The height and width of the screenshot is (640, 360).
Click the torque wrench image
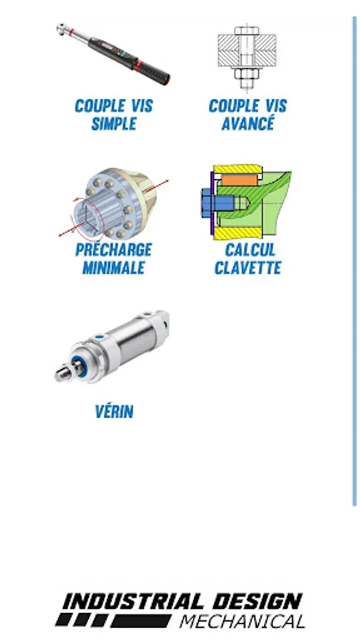click(113, 53)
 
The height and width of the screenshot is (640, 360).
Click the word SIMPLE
click(114, 124)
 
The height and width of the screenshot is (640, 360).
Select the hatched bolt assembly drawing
click(247, 58)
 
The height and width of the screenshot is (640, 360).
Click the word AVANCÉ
click(248, 123)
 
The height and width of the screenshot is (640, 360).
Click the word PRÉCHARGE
click(113, 249)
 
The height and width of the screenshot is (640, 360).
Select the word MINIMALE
click(114, 268)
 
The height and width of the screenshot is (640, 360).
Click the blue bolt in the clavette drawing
click(218, 203)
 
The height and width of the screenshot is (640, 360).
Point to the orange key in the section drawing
click(239, 180)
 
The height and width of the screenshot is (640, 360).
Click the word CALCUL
click(250, 250)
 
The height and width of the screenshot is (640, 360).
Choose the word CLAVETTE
click(248, 268)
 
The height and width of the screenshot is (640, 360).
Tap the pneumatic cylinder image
click(112, 346)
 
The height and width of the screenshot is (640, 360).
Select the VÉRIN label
click(115, 412)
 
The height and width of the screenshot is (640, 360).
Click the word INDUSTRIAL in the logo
click(133, 602)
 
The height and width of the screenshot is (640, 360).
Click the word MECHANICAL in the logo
click(243, 622)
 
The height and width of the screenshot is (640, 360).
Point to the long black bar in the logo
click(141, 620)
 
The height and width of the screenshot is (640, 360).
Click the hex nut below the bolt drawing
click(247, 74)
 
